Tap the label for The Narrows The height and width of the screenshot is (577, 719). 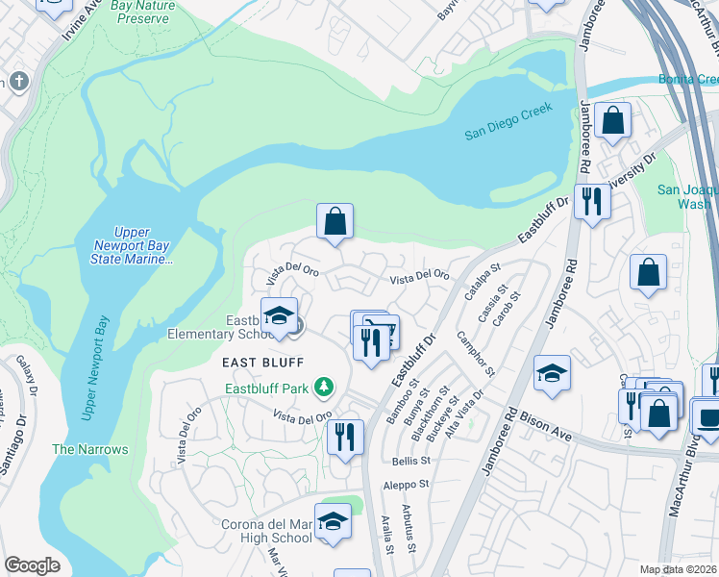77,449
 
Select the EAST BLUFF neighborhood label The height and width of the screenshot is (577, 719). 263,363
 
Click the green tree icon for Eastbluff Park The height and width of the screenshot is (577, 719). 326,388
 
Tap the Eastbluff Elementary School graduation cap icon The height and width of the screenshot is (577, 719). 279,316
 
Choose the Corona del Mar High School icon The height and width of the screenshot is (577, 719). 333,522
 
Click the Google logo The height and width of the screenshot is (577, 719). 32,565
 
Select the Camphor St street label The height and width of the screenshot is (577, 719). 475,354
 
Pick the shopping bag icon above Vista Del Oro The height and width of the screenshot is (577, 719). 335,221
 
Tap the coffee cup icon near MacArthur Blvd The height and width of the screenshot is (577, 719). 708,418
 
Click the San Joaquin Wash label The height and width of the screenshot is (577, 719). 685,196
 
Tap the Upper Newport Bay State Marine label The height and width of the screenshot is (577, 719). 132,246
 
